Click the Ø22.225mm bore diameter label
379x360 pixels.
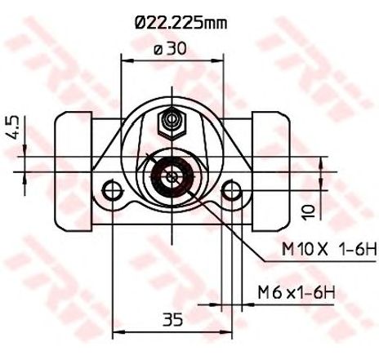pyautogui.click(x=181, y=23)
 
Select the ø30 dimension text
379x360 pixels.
pyautogui.click(x=170, y=49)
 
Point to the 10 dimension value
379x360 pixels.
pyautogui.click(x=309, y=212)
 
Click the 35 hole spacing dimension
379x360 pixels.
pyautogui.click(x=173, y=319)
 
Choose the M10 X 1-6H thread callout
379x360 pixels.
pyautogui.click(x=328, y=250)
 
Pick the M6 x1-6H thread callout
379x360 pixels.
pyautogui.click(x=297, y=292)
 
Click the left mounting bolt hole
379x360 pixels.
pyautogui.click(x=112, y=190)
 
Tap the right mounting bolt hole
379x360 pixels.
pyautogui.click(x=232, y=190)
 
